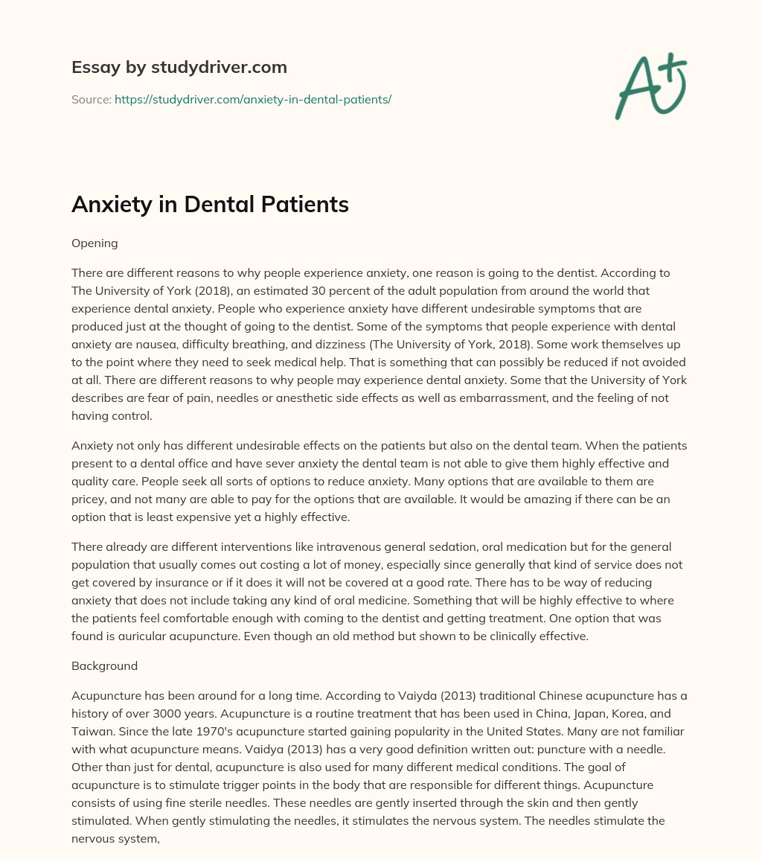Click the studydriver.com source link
[253, 99]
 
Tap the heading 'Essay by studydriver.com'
[179, 67]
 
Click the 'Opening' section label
[94, 243]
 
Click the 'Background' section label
[104, 665]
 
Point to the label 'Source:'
[91, 99]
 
